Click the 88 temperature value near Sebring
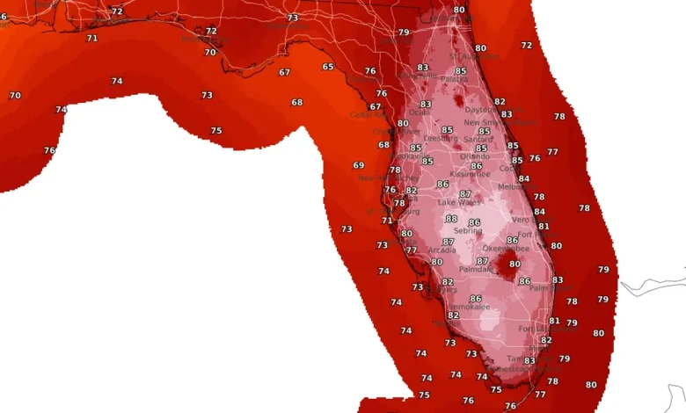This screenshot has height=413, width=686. (451, 219)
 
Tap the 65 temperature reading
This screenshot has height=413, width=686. (328, 67)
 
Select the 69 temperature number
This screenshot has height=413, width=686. (359, 165)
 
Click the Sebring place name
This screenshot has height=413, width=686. (467, 231)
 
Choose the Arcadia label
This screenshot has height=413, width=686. (442, 250)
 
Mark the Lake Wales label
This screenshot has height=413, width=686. (458, 202)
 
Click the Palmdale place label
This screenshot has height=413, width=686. (475, 270)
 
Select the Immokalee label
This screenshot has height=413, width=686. (468, 308)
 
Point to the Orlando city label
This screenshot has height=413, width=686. (475, 156)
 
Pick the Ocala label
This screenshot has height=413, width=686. (420, 112)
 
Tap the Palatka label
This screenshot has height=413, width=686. (454, 79)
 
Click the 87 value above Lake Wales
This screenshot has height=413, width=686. (465, 194)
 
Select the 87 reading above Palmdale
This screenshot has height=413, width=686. (482, 261)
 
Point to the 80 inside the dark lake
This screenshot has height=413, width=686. (515, 264)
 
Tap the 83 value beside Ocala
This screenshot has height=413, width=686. (426, 105)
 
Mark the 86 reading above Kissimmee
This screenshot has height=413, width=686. (477, 166)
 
